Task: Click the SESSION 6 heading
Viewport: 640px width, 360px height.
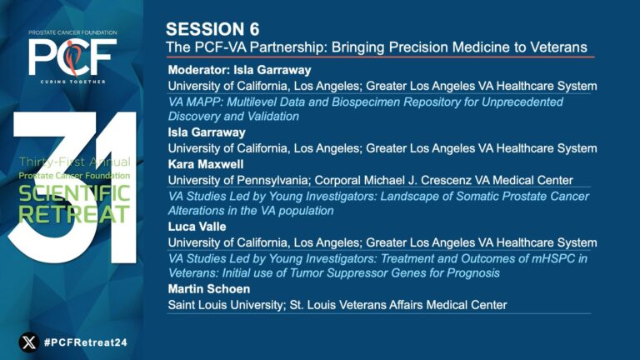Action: [212, 29]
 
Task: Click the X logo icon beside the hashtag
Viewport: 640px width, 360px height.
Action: [29, 342]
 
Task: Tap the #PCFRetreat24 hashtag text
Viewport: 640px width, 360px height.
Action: [86, 342]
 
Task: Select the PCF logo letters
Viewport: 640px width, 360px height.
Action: [72, 57]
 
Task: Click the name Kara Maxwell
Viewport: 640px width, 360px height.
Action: [206, 164]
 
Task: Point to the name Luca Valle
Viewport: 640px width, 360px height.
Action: [197, 227]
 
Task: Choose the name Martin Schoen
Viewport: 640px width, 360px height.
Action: [209, 289]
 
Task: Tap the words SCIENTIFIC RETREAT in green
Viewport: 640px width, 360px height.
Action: [74, 204]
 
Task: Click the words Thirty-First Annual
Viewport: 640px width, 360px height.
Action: [75, 162]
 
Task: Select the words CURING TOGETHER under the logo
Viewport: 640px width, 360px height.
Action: [72, 82]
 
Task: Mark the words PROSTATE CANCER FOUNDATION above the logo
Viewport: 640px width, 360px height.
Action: [72, 32]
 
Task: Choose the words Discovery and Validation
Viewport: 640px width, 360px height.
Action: [233, 117]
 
